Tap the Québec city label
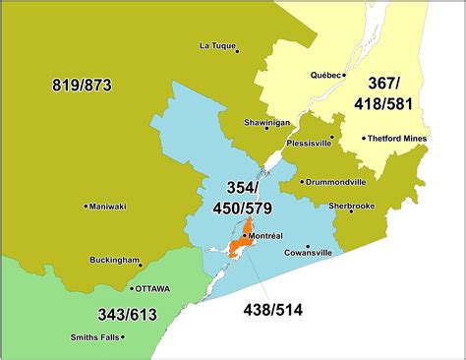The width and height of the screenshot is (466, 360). pyautogui.click(x=325, y=75)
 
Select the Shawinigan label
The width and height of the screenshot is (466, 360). pyautogui.click(x=265, y=123)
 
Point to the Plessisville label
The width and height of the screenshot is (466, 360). pyautogui.click(x=308, y=144)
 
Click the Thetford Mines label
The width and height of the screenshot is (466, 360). pyautogui.click(x=398, y=139)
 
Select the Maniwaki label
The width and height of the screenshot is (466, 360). pyautogui.click(x=107, y=207)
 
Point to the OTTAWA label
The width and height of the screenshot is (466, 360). pyautogui.click(x=152, y=289)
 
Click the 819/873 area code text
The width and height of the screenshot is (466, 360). pyautogui.click(x=82, y=86)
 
